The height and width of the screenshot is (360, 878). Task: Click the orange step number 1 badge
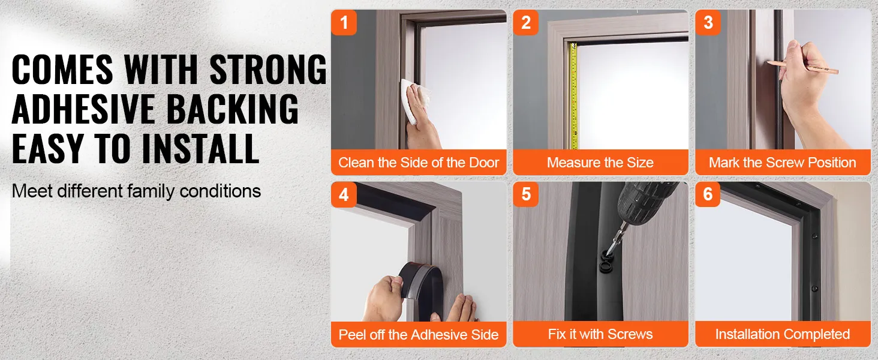click(344, 22)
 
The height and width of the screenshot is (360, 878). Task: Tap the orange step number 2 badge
click(525, 22)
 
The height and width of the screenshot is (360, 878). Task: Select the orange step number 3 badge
click(708, 22)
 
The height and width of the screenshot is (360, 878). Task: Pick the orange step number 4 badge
click(344, 194)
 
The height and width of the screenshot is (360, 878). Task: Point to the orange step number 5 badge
click(525, 194)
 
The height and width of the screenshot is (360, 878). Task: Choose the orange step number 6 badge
click(708, 194)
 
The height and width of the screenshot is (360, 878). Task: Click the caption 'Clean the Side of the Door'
click(419, 163)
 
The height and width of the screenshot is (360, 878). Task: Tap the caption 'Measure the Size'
click(600, 163)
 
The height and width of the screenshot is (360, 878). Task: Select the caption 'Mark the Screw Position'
click(783, 163)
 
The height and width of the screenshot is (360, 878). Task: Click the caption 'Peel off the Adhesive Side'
click(419, 335)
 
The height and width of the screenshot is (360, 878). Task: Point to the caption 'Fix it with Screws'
click(600, 334)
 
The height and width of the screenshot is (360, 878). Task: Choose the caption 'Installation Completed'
click(783, 334)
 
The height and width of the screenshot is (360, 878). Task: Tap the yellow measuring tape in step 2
click(574, 96)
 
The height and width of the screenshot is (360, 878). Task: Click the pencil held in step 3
click(802, 67)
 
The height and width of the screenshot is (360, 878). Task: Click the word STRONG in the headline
click(268, 70)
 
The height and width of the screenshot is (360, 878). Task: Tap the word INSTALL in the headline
click(200, 149)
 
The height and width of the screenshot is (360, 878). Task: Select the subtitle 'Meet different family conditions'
click(136, 191)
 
